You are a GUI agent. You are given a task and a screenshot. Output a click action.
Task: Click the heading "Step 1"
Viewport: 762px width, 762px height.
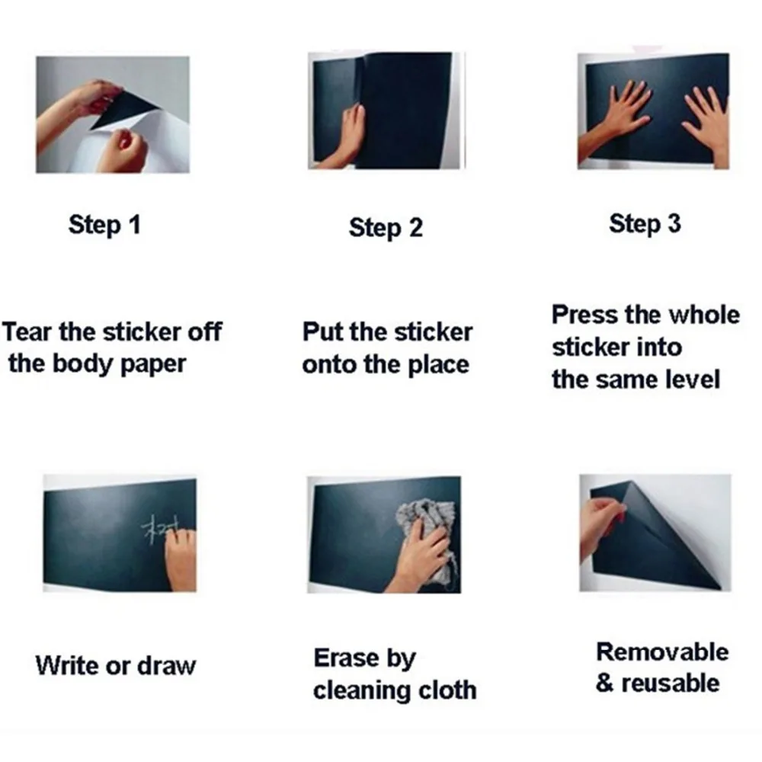coord(104,225)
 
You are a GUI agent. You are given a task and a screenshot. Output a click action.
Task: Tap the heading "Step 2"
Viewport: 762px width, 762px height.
coord(386,227)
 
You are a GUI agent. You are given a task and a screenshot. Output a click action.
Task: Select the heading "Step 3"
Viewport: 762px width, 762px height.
coord(645,223)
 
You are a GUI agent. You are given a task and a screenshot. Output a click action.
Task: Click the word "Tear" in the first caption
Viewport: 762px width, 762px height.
coord(27,332)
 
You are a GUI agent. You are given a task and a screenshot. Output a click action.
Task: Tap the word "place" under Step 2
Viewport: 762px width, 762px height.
coord(438,365)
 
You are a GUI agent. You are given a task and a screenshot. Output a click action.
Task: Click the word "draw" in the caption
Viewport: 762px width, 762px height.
coord(167,665)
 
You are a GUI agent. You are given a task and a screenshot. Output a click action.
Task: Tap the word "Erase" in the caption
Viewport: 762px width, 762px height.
coord(347,658)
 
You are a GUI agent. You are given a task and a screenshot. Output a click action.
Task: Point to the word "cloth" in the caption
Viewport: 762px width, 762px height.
coord(447,690)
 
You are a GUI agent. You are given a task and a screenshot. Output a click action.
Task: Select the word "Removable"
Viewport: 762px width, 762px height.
coord(662,652)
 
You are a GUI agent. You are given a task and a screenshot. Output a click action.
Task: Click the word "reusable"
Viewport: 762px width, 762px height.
coord(671,684)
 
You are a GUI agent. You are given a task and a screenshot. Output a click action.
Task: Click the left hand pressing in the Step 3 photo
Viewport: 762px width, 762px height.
coord(615,119)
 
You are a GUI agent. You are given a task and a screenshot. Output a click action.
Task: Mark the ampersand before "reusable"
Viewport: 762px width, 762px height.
coord(604,683)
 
